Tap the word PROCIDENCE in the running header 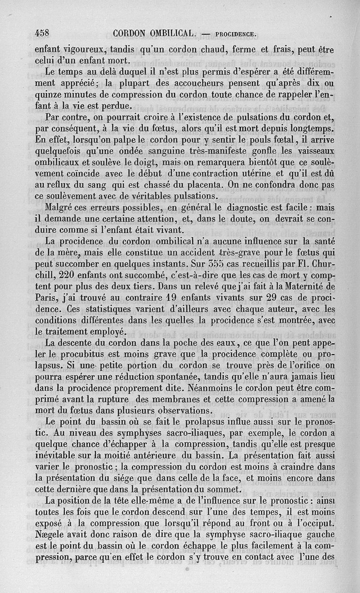tap(236, 33)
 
